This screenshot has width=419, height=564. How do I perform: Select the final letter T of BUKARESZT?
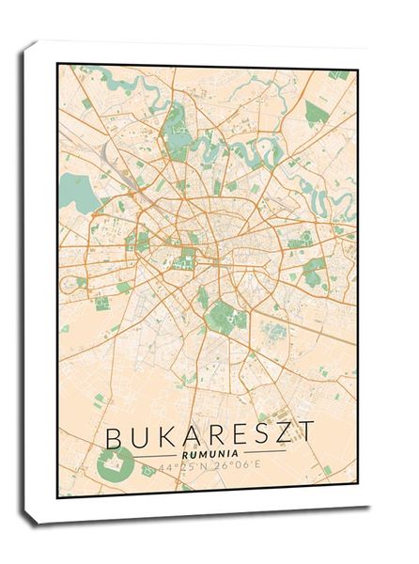point(308,437)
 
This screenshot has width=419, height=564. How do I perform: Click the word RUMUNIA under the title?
point(209,455)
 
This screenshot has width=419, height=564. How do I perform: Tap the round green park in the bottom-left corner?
point(114,463)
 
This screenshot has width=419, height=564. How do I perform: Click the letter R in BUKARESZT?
point(215,437)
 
